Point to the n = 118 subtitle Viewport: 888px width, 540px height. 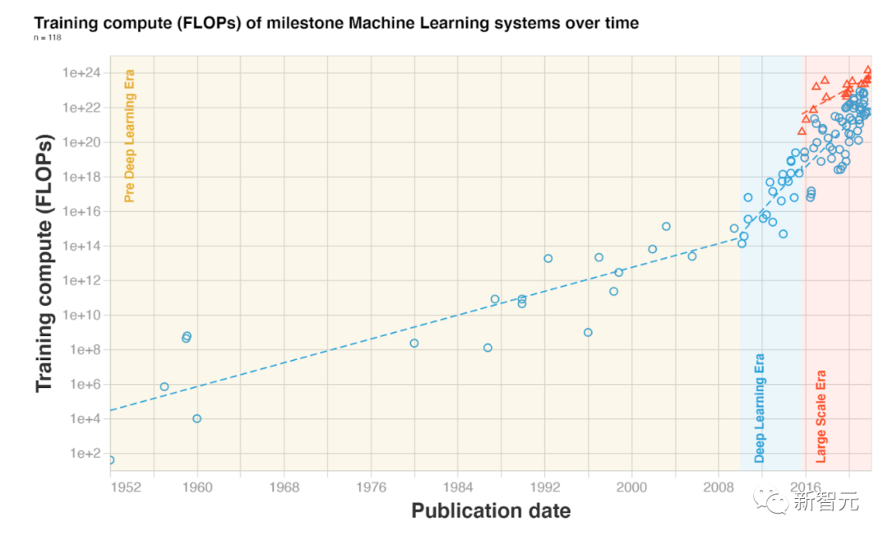48,39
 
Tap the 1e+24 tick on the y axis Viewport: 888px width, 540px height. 80,73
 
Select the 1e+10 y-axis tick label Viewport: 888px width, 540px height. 80,315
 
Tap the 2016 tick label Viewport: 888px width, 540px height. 807,487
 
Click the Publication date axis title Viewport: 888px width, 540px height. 491,510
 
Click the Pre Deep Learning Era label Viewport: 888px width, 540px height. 129,136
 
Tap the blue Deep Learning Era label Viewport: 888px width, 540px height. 760,408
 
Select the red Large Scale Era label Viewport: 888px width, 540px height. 821,417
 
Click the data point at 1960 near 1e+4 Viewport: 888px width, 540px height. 197,418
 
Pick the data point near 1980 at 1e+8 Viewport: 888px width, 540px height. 414,343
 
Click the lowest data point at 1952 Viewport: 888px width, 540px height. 110,459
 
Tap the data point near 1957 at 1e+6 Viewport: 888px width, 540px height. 164,386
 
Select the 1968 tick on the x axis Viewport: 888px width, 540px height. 284,487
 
